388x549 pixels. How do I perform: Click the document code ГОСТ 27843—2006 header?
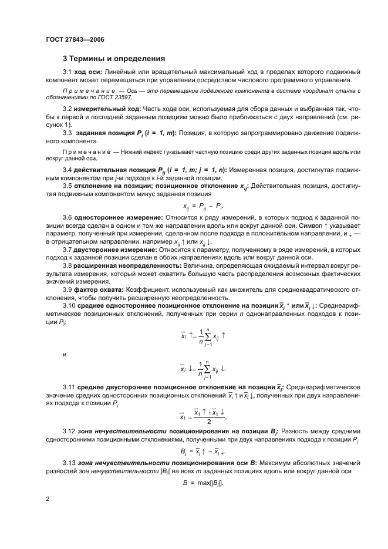74,39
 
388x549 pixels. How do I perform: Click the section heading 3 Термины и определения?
114,59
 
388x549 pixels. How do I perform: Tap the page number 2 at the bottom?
47,499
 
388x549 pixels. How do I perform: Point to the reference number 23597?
123,98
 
